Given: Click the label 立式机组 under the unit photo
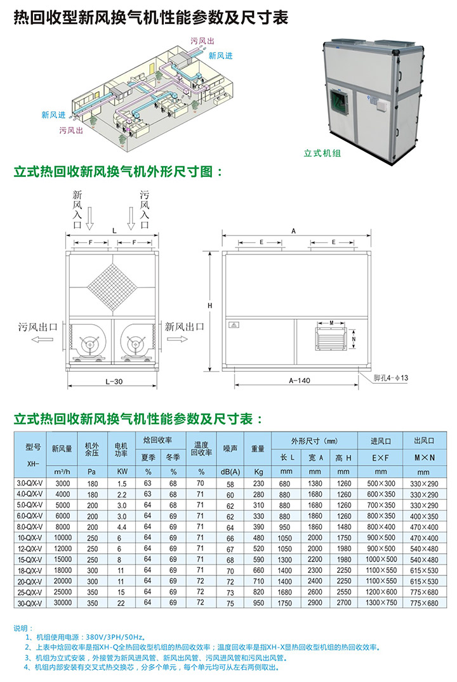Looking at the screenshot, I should [322, 153].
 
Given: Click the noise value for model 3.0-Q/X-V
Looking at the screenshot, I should [230, 485].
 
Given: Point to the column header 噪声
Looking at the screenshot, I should [230, 449].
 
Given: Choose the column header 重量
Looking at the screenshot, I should [258, 449].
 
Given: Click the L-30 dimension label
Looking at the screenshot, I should [114, 381].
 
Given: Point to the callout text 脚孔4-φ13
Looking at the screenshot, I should [392, 379].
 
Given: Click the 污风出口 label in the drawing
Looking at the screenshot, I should [37, 327].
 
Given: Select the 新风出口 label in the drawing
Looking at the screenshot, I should [185, 327].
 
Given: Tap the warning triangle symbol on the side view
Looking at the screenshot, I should [234, 325].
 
